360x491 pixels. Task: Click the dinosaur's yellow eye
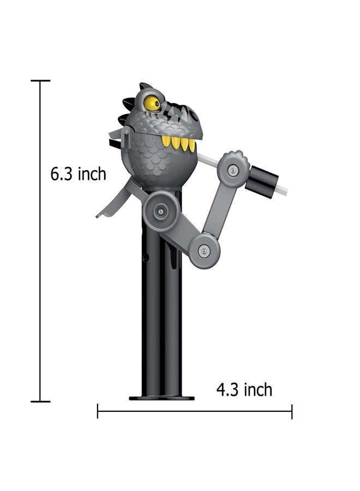click(152, 103)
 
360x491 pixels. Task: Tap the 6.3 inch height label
click(78, 174)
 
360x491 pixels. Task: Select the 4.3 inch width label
click(244, 390)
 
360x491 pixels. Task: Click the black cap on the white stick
click(262, 182)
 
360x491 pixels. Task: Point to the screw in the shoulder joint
click(161, 212)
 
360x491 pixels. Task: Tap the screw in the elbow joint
click(204, 250)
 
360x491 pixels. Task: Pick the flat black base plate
click(161, 398)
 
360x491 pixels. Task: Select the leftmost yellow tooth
click(166, 141)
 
